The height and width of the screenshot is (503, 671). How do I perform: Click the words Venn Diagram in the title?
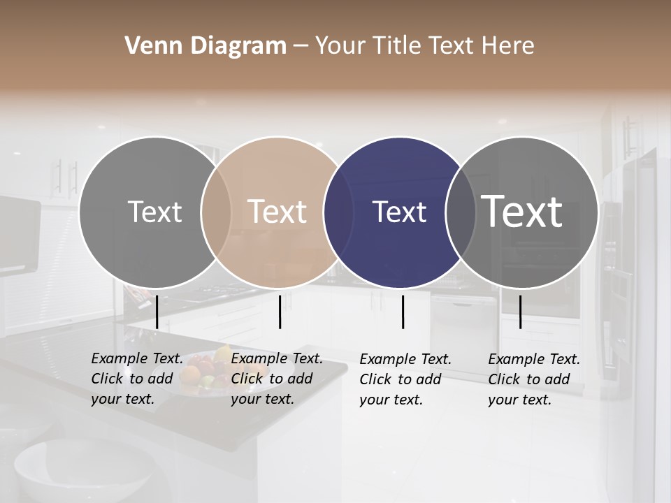tap(205, 46)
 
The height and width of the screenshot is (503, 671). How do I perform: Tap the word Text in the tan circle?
tap(277, 212)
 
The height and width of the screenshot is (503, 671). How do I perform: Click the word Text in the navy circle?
tap(399, 212)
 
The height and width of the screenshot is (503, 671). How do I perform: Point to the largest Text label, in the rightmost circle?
tap(522, 211)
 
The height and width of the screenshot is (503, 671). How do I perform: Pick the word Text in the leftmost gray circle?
tap(154, 212)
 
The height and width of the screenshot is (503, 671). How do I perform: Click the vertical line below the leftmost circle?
tap(157, 312)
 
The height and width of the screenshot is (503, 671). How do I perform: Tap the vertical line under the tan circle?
tap(280, 312)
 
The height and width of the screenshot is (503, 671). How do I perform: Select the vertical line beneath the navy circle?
tap(403, 312)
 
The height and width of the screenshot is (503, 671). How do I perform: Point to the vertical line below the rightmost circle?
tap(520, 312)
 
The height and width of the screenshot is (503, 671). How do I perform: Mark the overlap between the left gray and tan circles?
tap(216, 212)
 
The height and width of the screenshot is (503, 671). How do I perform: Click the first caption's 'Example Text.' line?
tap(137, 358)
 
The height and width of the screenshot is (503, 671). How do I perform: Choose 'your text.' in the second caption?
tap(262, 399)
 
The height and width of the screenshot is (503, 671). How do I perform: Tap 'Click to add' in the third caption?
tap(401, 379)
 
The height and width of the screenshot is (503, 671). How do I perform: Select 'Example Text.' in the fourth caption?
tap(534, 359)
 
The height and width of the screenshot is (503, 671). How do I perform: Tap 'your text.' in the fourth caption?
tap(519, 400)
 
